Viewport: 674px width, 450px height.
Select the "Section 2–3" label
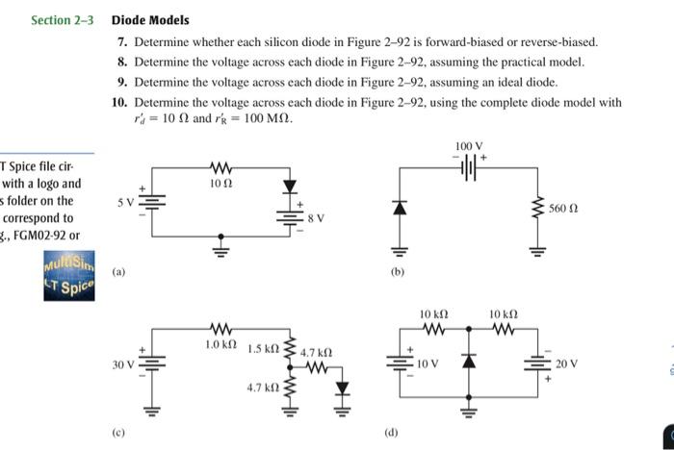coord(63,20)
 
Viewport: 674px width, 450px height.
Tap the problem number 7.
coord(121,43)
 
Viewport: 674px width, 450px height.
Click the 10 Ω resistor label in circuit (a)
coord(221,181)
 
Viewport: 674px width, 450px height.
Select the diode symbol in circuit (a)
coord(287,187)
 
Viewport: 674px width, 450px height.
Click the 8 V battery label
coord(316,218)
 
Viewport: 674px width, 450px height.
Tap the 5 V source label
coord(127,203)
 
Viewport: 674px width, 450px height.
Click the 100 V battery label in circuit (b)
coord(466,146)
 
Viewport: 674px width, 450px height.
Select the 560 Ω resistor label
coord(563,208)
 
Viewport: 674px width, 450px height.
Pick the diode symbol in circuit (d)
coord(469,361)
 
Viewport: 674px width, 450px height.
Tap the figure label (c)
coord(117,432)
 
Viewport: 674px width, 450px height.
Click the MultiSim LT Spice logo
coord(68,275)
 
